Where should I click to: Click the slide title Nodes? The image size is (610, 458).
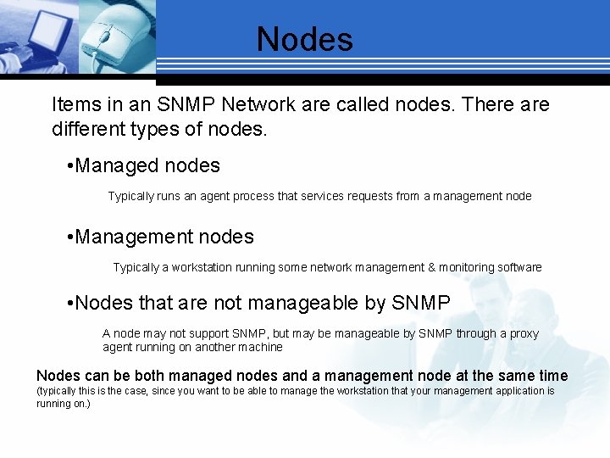coord(305,39)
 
